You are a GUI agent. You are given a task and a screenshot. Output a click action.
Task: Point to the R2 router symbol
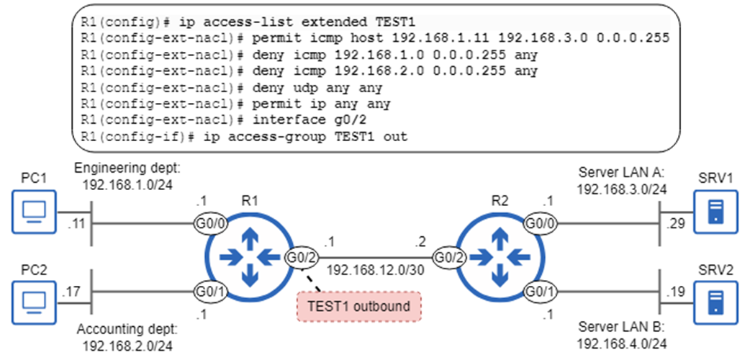tap(496, 257)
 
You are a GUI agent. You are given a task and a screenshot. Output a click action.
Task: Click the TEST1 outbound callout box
tap(358, 306)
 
